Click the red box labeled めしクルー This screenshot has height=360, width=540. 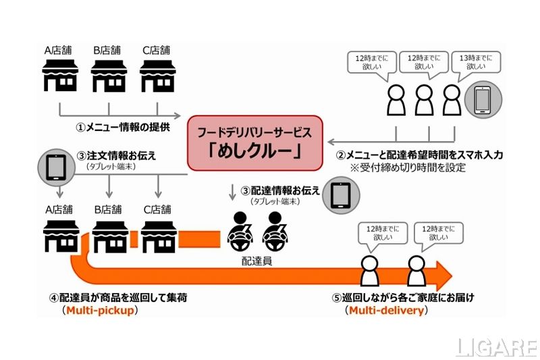point(255,143)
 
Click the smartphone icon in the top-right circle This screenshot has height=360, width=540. point(482,100)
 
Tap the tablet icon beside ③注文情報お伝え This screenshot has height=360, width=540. point(57,166)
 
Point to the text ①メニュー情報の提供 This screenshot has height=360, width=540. point(122,126)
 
